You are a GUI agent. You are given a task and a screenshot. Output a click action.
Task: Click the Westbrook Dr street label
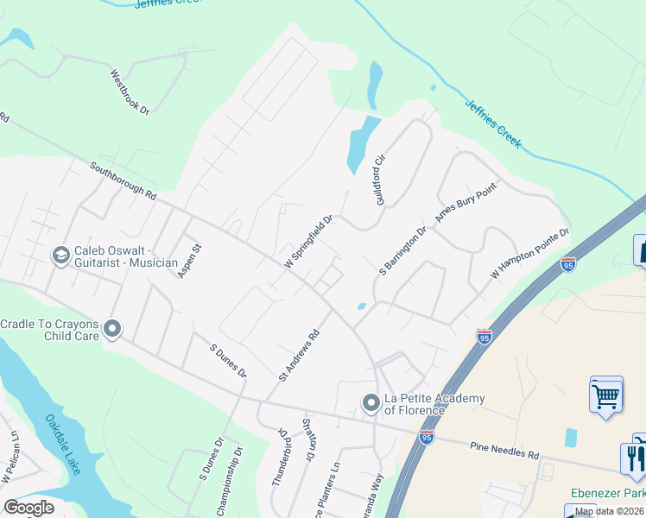point(130,93)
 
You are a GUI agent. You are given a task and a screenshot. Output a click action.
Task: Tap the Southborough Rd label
point(123,181)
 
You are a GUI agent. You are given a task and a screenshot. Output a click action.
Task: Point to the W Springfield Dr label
point(309,241)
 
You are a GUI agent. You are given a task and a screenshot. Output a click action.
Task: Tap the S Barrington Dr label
point(403,251)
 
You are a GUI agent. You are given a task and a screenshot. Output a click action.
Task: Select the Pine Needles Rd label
point(504,449)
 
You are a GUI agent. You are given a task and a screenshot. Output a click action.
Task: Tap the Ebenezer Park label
point(608,493)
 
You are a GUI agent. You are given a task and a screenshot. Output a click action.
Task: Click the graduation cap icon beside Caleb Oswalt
point(61,255)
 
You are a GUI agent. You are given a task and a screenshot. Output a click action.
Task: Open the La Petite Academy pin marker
point(370,403)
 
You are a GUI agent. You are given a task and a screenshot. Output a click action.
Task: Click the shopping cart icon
point(606,396)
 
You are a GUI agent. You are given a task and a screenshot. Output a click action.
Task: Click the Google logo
point(29,508)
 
